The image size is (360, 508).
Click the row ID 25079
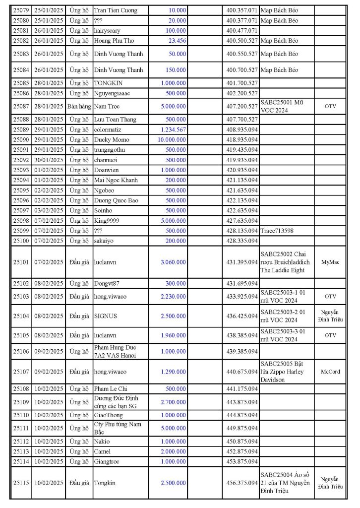coord(21,10)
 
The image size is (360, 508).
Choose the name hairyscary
coord(107,30)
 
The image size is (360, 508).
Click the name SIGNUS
coord(105,316)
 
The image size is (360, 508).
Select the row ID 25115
coord(21,482)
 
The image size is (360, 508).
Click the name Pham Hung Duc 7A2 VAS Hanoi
coord(115,351)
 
